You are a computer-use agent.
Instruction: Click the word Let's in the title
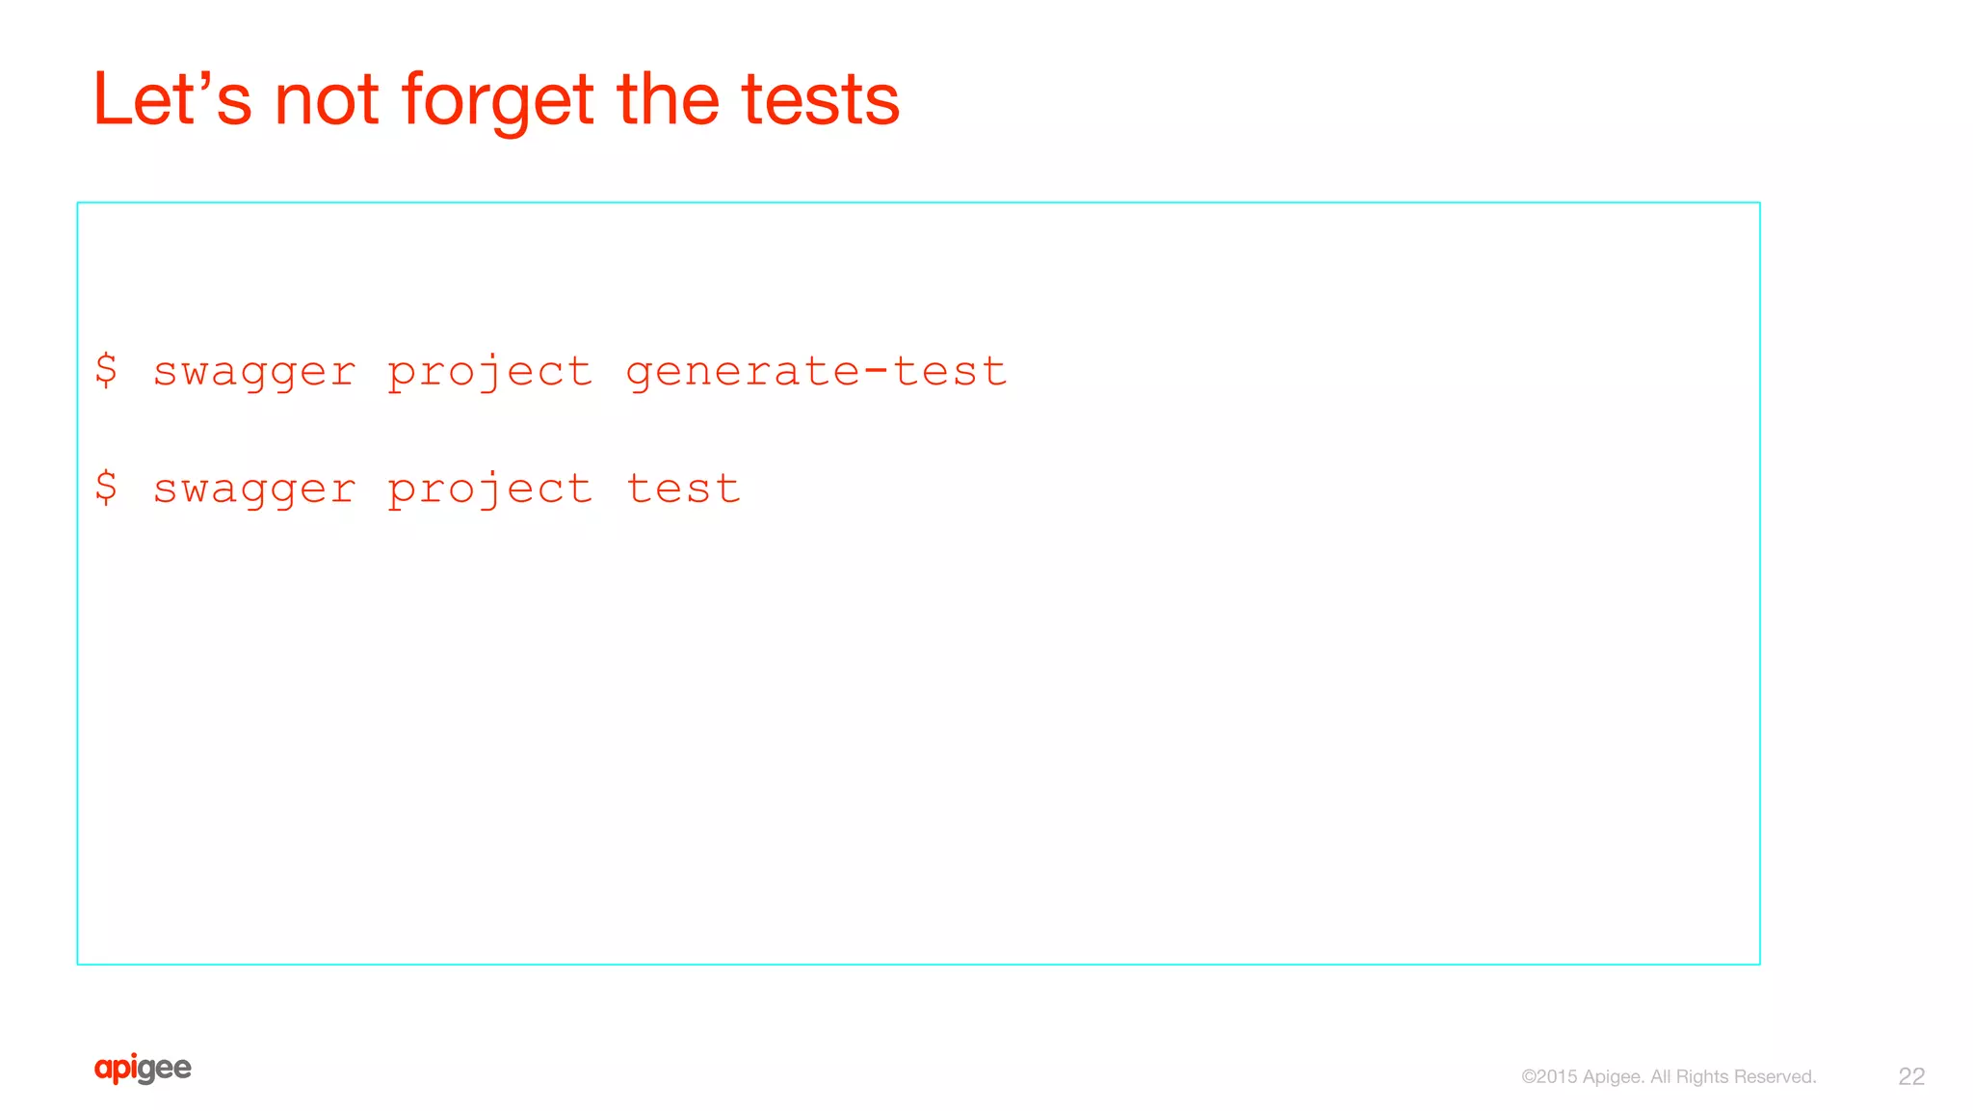[171, 99]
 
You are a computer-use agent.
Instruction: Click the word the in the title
[668, 99]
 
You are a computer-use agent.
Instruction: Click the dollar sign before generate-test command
[106, 370]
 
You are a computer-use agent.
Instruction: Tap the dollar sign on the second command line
[106, 488]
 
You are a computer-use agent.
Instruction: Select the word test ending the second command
[683, 489]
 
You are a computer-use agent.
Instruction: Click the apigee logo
[143, 1069]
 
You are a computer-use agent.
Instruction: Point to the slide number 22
[1911, 1076]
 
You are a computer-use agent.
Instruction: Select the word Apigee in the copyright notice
[1614, 1077]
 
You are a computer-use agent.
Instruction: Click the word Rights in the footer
[1702, 1077]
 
